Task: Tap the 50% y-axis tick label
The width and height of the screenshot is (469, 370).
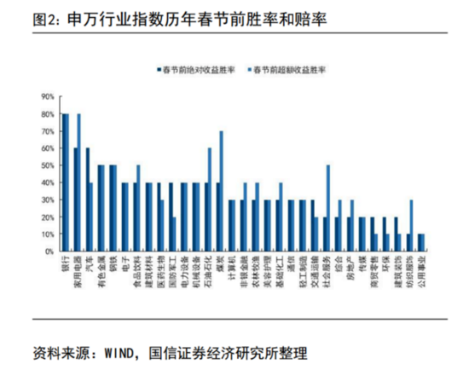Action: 48,165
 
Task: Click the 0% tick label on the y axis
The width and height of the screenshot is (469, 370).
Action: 49,251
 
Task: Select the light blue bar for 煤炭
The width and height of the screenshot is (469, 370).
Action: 222,191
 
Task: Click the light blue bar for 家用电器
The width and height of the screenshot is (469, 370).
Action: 79,182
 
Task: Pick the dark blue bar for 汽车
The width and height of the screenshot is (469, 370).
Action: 87,199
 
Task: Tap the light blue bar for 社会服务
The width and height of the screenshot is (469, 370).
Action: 328,208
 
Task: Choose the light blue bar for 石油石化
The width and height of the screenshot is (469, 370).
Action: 210,199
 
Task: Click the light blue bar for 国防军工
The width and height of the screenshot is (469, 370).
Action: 174,234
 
